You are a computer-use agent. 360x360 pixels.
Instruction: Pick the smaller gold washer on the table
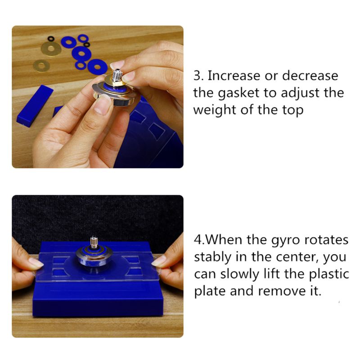click(41, 66)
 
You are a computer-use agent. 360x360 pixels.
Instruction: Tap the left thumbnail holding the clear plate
click(36, 262)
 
